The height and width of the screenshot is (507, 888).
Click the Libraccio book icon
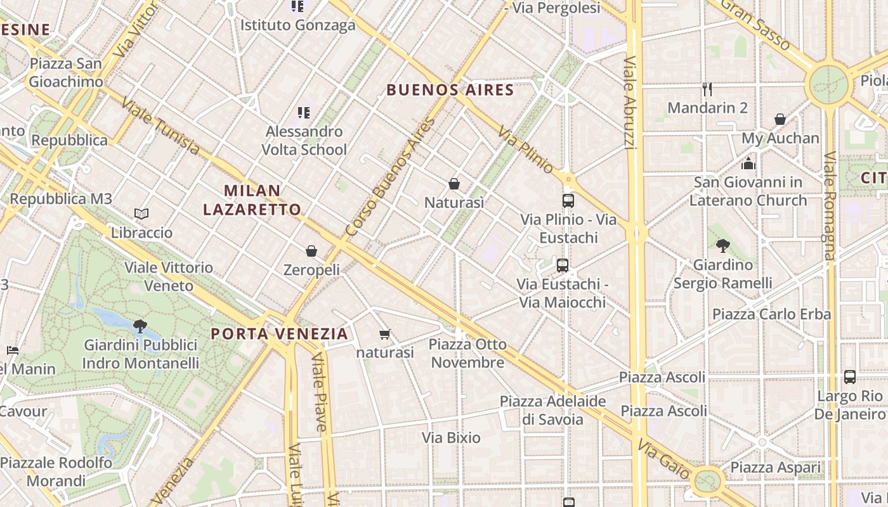[x=141, y=214]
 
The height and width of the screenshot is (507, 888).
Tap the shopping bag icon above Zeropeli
[x=311, y=251]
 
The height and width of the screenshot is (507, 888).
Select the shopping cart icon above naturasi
[x=384, y=334]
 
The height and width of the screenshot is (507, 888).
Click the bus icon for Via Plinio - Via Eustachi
[x=568, y=201]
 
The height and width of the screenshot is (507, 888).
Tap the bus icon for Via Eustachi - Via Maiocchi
[x=563, y=266]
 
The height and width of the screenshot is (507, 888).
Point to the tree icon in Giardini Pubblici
[x=140, y=326]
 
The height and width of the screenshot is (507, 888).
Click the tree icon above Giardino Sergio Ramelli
[x=722, y=246]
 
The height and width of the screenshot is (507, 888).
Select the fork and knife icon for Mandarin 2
[x=707, y=89]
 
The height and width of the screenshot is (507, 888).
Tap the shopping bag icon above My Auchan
[x=780, y=119]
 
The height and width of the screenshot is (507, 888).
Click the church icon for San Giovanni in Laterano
[x=748, y=164]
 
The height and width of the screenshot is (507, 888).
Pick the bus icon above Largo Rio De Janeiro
[x=850, y=377]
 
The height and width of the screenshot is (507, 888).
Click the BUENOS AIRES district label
[x=450, y=90]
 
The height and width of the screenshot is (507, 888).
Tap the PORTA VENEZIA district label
[x=280, y=333]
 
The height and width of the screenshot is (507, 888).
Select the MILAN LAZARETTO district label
[x=261, y=200]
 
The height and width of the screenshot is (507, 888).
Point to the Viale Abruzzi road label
[x=629, y=103]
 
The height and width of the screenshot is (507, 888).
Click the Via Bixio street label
[x=451, y=437]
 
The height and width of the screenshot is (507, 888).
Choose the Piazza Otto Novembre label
[x=467, y=354]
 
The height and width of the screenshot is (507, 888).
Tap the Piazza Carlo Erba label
[x=771, y=314]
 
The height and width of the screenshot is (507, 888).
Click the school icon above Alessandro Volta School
[x=304, y=113]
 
